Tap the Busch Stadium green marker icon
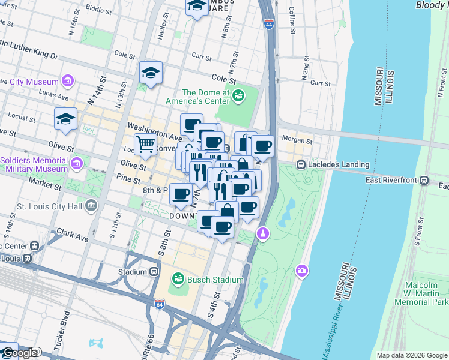click(x=178, y=279)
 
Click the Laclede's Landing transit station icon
click(x=301, y=164)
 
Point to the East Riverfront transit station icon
click(x=424, y=179)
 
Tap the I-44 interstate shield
click(x=268, y=25)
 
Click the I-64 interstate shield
click(x=158, y=305)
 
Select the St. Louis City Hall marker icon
click(x=91, y=206)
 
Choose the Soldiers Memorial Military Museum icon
click(x=76, y=164)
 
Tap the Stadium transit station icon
click(x=154, y=271)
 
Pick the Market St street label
click(x=48, y=185)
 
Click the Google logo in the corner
click(x=19, y=353)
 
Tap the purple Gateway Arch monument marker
click(x=262, y=233)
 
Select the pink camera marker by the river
click(x=301, y=272)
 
